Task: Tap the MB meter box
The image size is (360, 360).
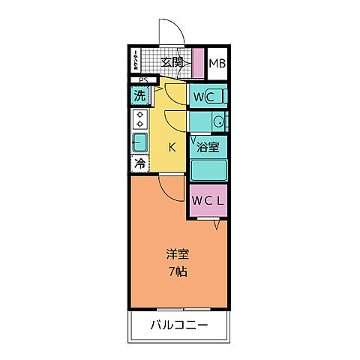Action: (217, 63)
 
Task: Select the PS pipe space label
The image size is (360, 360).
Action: (142, 80)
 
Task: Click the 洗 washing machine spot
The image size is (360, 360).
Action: (139, 96)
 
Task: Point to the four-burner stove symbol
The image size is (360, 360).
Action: (140, 119)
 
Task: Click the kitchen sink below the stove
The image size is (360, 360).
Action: (140, 142)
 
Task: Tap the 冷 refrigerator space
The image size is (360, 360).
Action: (139, 163)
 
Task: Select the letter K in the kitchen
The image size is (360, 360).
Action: (171, 146)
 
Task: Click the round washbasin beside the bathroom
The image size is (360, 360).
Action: (217, 121)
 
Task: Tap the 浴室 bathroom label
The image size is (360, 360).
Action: (207, 148)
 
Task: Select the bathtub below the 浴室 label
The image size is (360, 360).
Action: (208, 169)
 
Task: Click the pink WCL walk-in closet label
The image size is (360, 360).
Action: (206, 200)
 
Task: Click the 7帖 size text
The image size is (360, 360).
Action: (177, 271)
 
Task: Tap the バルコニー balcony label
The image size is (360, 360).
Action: (178, 325)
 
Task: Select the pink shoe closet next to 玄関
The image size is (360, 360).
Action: (198, 63)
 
